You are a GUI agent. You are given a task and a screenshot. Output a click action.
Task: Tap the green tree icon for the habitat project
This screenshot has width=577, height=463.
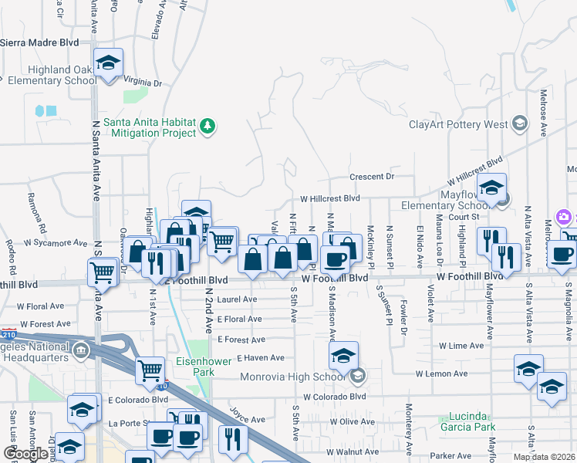[x=207, y=126]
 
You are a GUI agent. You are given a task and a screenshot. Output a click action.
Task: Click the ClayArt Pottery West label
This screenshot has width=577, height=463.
[x=457, y=124]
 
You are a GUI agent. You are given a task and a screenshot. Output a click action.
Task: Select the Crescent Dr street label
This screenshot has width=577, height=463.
[x=372, y=177]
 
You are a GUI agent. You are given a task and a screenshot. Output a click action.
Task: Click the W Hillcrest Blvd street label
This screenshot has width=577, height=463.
[x=330, y=198]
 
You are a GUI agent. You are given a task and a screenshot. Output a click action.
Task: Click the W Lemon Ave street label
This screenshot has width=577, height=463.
[x=441, y=373]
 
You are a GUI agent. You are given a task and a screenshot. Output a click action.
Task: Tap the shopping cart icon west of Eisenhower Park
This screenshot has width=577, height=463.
[x=150, y=370]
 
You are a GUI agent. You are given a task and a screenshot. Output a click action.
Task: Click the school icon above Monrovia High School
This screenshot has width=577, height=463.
[x=343, y=355]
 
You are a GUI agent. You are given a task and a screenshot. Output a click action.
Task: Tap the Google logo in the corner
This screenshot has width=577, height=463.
[x=25, y=454]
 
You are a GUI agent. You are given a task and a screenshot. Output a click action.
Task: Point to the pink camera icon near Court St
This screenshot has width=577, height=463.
[x=564, y=218]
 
